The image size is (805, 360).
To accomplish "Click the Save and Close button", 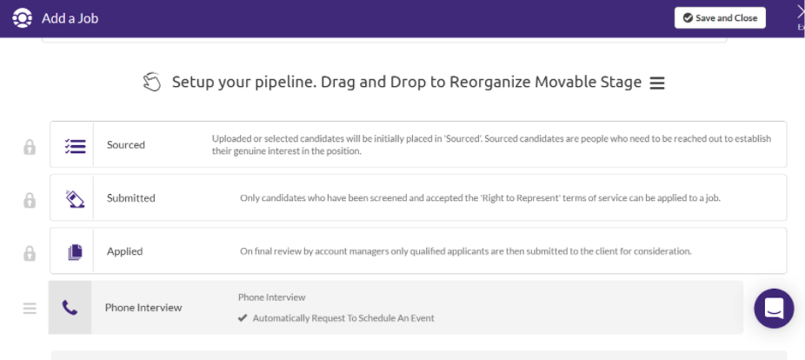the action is pyautogui.click(x=720, y=18).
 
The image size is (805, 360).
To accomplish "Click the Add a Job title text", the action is pyautogui.click(x=70, y=18).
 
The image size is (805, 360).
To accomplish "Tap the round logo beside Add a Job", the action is pyautogui.click(x=22, y=18).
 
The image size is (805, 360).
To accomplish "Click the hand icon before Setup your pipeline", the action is pyautogui.click(x=152, y=82).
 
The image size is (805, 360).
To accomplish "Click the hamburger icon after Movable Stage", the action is pyautogui.click(x=657, y=83).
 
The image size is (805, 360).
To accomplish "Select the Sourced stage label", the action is pyautogui.click(x=126, y=145).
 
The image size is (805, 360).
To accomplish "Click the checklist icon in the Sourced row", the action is pyautogui.click(x=75, y=146).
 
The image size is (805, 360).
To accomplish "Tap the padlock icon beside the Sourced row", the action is pyautogui.click(x=30, y=147).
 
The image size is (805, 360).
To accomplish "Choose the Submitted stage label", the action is pyautogui.click(x=131, y=198).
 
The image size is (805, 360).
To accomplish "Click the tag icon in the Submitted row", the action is pyautogui.click(x=75, y=199).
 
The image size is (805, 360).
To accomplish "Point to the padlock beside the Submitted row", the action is pyautogui.click(x=30, y=200).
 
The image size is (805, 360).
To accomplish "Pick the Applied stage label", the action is pyautogui.click(x=125, y=251).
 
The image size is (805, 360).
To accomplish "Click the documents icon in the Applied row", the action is pyautogui.click(x=75, y=252).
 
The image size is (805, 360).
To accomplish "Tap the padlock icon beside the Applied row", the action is pyautogui.click(x=30, y=253).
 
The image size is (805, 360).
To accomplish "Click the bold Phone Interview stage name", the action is pyautogui.click(x=143, y=308).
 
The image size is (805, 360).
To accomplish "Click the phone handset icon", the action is pyautogui.click(x=70, y=308).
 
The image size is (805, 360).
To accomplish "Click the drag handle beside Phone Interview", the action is pyautogui.click(x=30, y=308).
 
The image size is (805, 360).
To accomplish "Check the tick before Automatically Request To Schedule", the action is pyautogui.click(x=243, y=318).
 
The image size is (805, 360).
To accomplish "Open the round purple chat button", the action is pyautogui.click(x=775, y=308).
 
